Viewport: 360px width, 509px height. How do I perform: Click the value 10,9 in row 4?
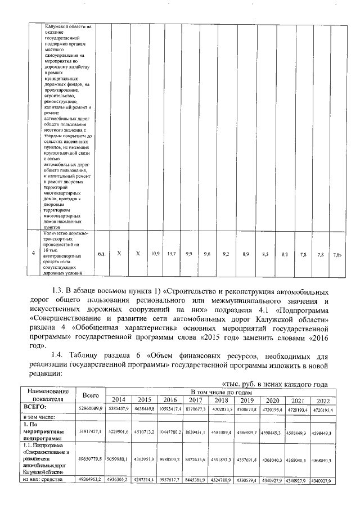tap(154, 254)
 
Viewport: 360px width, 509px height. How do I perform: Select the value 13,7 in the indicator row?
tap(172, 254)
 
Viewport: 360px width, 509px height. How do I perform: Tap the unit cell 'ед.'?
tap(102, 254)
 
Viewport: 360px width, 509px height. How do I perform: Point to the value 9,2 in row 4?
tap(226, 254)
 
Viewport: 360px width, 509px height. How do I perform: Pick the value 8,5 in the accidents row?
tap(265, 254)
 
